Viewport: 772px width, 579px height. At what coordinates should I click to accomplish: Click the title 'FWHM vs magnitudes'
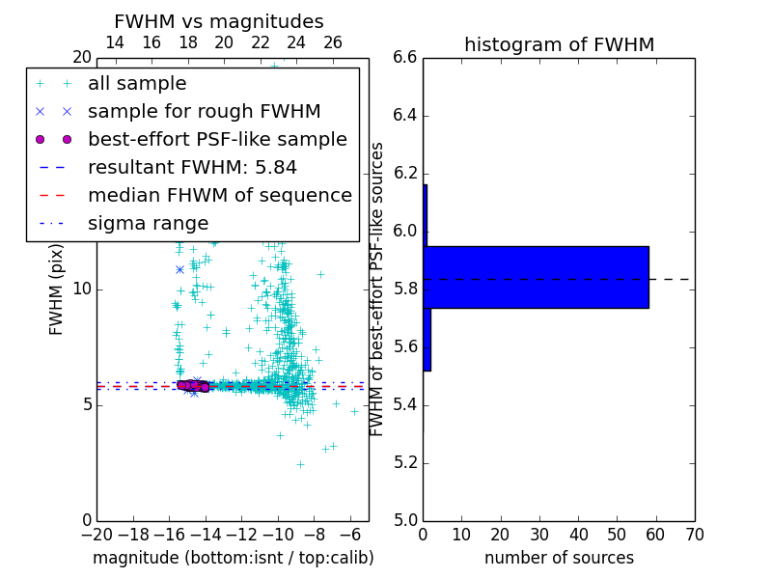click(219, 21)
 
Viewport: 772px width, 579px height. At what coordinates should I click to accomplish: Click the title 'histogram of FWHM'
click(559, 44)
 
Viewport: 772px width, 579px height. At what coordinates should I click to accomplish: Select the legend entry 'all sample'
click(137, 84)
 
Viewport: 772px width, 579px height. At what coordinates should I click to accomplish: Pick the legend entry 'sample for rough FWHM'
click(204, 111)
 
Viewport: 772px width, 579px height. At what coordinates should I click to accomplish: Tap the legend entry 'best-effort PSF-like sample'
click(217, 139)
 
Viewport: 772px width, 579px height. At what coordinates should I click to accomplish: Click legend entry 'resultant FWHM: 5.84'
click(192, 167)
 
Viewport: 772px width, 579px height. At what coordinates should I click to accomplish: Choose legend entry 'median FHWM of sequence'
click(219, 195)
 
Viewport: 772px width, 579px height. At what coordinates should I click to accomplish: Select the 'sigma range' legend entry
click(148, 223)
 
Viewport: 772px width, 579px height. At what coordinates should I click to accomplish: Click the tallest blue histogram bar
click(537, 277)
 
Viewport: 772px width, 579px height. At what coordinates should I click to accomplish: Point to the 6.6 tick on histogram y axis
click(404, 58)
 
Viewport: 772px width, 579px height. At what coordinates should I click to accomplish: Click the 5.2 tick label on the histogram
click(404, 462)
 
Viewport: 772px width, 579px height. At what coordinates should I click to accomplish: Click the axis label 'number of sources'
click(559, 558)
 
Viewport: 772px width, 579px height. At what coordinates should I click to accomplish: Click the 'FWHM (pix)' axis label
click(57, 289)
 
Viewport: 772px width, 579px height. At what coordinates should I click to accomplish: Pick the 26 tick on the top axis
click(333, 42)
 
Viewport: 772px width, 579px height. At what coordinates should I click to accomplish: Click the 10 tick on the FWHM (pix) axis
click(81, 289)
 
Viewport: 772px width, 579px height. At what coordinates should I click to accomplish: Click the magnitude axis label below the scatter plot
click(233, 558)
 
